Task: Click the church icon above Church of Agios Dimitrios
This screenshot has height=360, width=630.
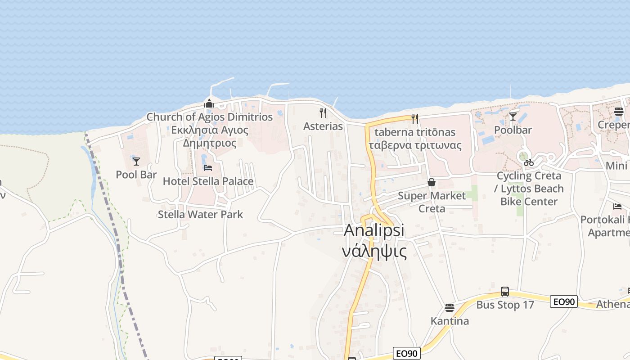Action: (209, 104)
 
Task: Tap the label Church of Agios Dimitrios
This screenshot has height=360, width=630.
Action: (210, 117)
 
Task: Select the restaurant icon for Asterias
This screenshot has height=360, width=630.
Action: (323, 113)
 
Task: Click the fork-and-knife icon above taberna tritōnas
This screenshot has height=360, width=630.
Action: (415, 119)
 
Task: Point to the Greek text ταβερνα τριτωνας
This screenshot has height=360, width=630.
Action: (415, 145)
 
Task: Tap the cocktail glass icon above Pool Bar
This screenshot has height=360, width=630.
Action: (136, 162)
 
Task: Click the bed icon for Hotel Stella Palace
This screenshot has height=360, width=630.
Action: (208, 168)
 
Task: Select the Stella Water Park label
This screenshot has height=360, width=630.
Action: (200, 215)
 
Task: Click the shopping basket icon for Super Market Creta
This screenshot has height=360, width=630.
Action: (432, 182)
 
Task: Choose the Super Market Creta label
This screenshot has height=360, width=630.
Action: (432, 202)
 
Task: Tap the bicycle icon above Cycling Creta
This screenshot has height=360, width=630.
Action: (529, 162)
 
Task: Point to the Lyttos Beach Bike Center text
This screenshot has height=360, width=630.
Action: (532, 195)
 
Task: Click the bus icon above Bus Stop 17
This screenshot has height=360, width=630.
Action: (505, 292)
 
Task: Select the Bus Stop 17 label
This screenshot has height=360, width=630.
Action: (505, 305)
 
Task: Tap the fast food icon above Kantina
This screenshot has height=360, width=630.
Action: (450, 308)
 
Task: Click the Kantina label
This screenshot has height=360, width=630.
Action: (450, 321)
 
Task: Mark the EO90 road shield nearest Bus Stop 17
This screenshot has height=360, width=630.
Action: (563, 301)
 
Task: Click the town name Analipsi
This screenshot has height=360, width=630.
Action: (374, 230)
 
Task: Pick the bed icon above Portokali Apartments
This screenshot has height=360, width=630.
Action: (617, 207)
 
